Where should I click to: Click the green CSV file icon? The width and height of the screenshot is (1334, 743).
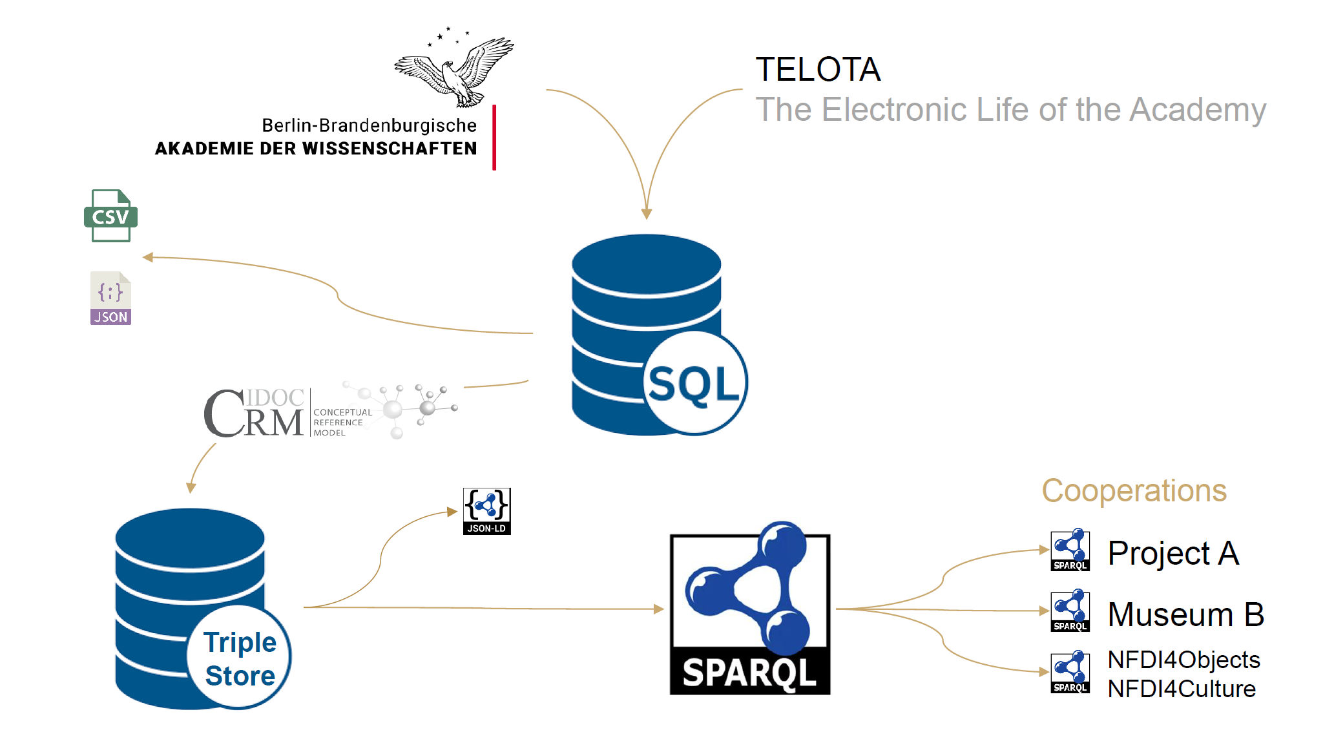point(110,216)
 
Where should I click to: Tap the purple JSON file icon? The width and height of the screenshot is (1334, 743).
point(110,298)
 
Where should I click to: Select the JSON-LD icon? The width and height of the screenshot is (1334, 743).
point(486,511)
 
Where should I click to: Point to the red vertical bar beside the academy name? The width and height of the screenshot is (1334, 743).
point(494,137)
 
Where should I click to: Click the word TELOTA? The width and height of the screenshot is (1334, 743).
point(818,70)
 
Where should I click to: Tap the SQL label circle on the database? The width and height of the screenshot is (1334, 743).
point(694,383)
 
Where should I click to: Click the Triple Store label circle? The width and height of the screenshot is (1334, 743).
point(239,658)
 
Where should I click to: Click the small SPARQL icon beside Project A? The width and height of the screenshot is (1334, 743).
point(1070,550)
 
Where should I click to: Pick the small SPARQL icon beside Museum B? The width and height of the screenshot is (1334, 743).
point(1070,611)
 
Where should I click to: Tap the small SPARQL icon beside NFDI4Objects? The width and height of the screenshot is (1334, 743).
point(1070,672)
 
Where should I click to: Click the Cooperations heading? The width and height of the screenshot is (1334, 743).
point(1134,491)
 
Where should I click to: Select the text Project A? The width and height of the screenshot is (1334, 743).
point(1173,553)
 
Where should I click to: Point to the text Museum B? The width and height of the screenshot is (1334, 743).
point(1185,614)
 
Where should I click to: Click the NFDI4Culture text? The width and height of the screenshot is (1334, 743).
point(1182,689)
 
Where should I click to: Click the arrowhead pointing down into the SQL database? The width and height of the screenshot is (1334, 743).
point(646,214)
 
